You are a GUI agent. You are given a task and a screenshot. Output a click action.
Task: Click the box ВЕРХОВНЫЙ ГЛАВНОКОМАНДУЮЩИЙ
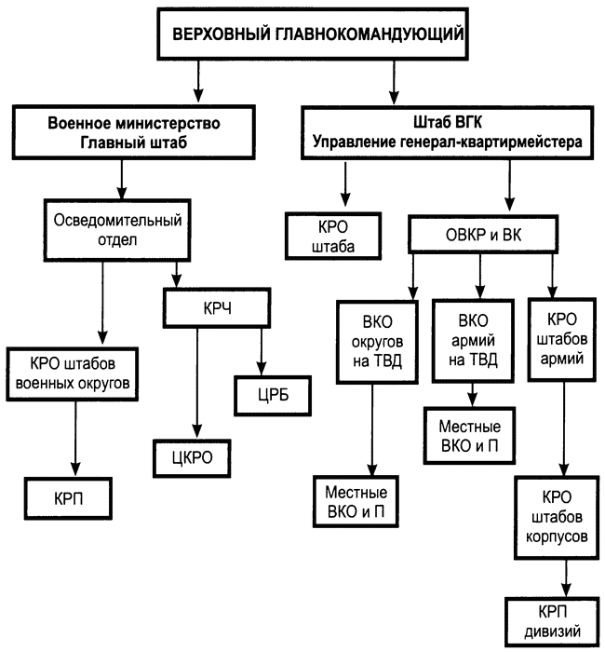click(x=313, y=34)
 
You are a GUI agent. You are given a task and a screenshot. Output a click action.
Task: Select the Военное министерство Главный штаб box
click(x=133, y=132)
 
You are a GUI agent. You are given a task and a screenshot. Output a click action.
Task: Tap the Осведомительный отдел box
click(x=117, y=230)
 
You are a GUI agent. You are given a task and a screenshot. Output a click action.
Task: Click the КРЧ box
click(x=217, y=308)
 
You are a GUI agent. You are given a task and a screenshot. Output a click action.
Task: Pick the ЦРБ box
click(x=273, y=396)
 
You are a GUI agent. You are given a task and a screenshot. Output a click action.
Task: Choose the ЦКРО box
click(x=192, y=458)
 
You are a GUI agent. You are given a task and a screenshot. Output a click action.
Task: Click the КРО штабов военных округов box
click(x=73, y=374)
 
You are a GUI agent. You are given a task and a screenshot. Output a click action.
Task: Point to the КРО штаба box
click(x=333, y=237)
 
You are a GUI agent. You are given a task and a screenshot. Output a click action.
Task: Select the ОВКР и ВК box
click(x=483, y=235)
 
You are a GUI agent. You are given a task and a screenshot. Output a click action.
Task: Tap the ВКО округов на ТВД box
click(x=377, y=342)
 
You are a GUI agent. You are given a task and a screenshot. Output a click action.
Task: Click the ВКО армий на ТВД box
click(x=473, y=341)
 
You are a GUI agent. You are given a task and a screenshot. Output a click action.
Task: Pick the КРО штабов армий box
click(x=562, y=339)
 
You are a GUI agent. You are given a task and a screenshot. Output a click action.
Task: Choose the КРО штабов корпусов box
click(x=557, y=517)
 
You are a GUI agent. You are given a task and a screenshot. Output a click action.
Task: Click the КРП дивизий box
click(x=553, y=622)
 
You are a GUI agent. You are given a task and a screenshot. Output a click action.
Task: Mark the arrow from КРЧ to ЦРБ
click(x=262, y=352)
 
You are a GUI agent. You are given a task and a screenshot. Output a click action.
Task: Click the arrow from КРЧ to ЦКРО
click(x=197, y=384)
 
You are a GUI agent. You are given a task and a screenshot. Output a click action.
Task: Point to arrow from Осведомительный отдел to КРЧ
click(x=177, y=275)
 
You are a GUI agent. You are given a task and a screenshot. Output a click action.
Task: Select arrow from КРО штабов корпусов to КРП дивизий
click(x=566, y=578)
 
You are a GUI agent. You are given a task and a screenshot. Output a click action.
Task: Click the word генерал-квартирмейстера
click(x=491, y=143)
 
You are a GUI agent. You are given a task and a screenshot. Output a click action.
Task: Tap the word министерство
click(x=168, y=124)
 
